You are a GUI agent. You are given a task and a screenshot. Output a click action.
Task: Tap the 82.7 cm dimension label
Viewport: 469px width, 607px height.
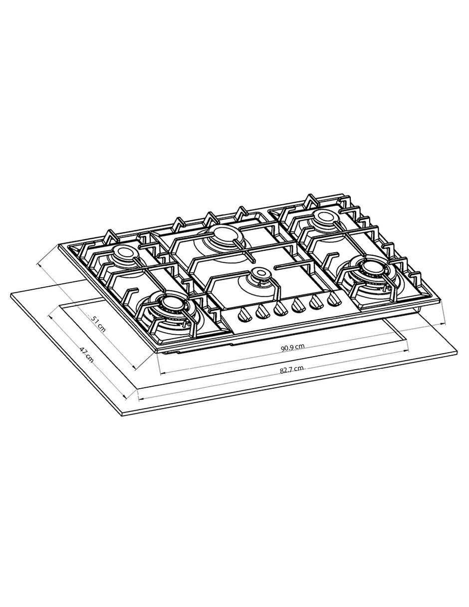click(291, 370)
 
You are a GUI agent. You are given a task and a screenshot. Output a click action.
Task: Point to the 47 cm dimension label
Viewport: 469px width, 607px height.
click(86, 355)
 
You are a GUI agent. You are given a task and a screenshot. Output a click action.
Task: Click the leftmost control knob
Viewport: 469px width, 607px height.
click(244, 316)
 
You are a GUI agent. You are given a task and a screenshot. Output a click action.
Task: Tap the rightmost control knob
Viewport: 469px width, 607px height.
click(334, 299)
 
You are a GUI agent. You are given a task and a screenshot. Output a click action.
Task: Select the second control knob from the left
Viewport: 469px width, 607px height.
click(262, 313)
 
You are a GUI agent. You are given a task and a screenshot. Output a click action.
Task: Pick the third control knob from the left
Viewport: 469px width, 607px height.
click(280, 309)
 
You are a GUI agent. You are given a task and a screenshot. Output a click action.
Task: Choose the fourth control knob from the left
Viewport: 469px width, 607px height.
click(299, 306)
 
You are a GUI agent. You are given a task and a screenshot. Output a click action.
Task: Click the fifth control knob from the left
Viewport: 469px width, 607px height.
click(317, 303)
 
